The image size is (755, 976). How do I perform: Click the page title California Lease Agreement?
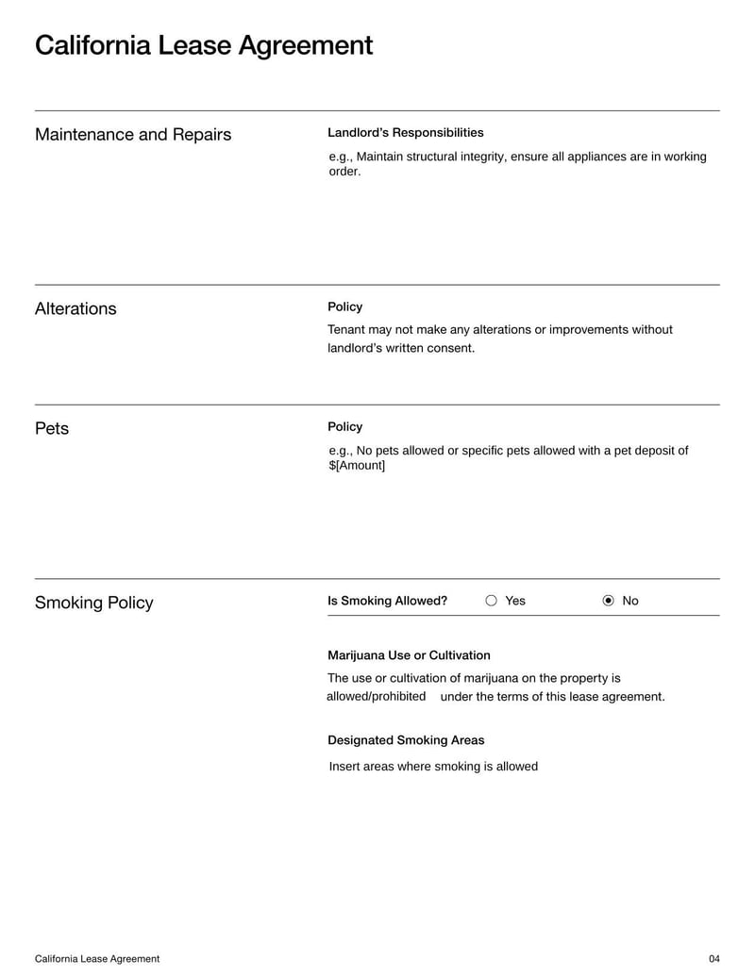(204, 45)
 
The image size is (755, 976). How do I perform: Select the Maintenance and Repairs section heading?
(133, 135)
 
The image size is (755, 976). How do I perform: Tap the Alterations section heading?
(75, 308)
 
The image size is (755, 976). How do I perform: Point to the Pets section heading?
(52, 428)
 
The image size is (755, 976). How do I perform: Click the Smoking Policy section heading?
(93, 603)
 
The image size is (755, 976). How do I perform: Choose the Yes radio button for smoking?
(491, 601)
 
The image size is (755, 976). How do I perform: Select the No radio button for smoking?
(608, 601)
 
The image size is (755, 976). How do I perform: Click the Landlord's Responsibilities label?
(405, 133)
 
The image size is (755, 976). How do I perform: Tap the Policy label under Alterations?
(344, 307)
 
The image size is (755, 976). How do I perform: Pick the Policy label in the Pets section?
(344, 427)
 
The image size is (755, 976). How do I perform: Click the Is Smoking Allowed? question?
(387, 601)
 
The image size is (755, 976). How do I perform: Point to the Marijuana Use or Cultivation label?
(409, 655)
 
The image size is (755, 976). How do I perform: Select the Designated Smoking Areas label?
(406, 740)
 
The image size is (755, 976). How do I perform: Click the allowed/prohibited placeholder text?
(376, 697)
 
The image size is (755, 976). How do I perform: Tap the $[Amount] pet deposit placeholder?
(357, 466)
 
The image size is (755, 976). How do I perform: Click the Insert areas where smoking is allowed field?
(433, 767)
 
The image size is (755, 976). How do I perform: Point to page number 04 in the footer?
(713, 959)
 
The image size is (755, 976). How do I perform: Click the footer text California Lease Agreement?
(97, 959)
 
